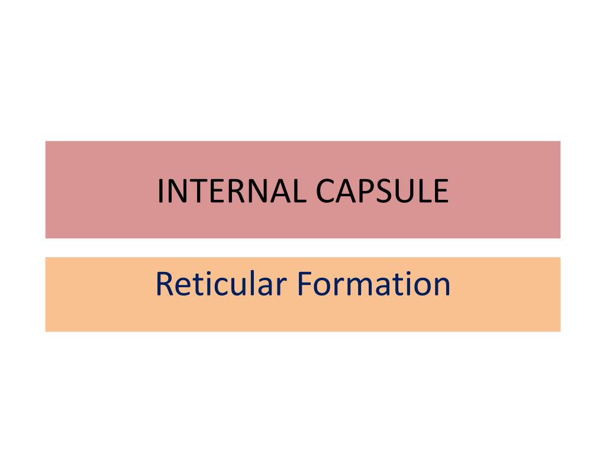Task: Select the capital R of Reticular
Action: click(x=164, y=284)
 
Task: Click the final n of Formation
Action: click(x=442, y=286)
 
